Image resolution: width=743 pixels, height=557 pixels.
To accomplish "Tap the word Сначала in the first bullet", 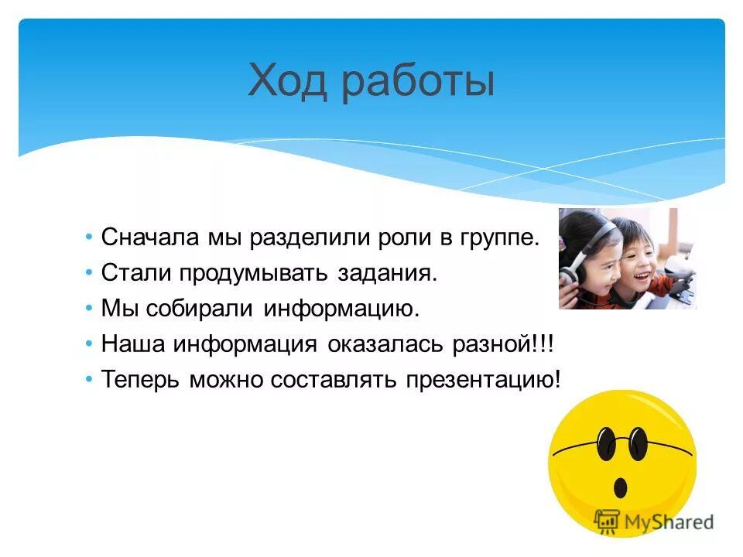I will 150,237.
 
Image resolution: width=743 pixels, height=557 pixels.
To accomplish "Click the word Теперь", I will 145,380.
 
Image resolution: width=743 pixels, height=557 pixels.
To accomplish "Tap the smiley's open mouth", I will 620,487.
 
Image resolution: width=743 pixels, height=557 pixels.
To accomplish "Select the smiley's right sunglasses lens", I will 637,443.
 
